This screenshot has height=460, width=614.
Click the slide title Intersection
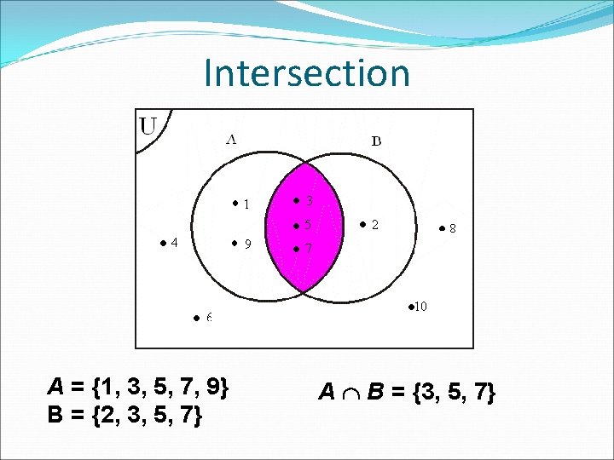coord(307,73)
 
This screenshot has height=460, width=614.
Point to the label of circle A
coord(231,140)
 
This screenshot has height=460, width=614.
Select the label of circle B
coord(376,141)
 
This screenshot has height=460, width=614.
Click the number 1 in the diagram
coord(246,204)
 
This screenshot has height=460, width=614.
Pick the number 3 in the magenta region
coord(309,201)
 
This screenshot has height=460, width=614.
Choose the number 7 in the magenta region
coord(309,250)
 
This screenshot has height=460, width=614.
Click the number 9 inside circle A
coord(247,244)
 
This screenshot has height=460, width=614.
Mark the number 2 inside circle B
coord(375,224)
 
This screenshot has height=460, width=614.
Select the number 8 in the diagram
coord(452,228)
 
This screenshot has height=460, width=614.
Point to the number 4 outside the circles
coord(174,242)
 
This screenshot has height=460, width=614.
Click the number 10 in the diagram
coord(421,306)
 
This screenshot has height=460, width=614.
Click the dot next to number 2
coord(362,224)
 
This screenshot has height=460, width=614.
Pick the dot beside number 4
coord(163,242)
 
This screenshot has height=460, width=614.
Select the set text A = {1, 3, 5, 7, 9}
coord(138,388)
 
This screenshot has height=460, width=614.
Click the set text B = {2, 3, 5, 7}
coord(125,416)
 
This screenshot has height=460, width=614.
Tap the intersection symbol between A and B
coord(350,393)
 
